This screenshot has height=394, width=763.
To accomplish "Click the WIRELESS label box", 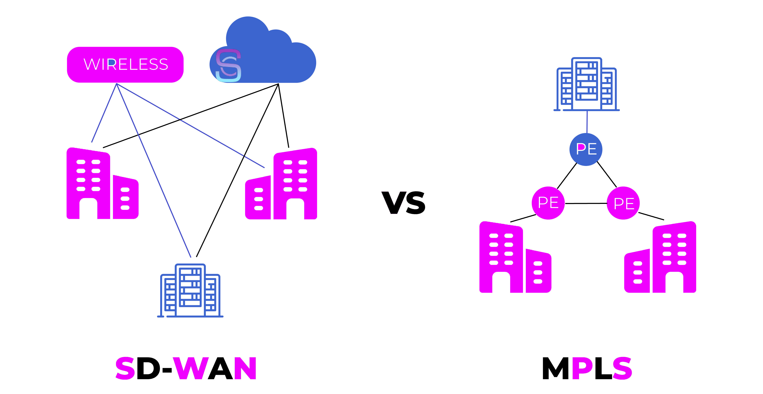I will [x=125, y=65].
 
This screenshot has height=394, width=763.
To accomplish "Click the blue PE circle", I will [x=586, y=149].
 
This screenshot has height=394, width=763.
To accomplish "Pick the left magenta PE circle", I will [x=548, y=203].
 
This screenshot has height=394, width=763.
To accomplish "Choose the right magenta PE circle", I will [x=623, y=203].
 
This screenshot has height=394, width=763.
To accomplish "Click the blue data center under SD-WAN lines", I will [x=190, y=291].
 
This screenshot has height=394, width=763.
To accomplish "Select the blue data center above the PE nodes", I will [x=587, y=84].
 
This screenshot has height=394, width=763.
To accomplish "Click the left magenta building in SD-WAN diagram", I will [x=102, y=184].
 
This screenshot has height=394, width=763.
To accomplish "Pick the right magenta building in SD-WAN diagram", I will [x=281, y=184].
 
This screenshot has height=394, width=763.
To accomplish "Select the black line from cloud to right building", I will [x=283, y=116].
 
